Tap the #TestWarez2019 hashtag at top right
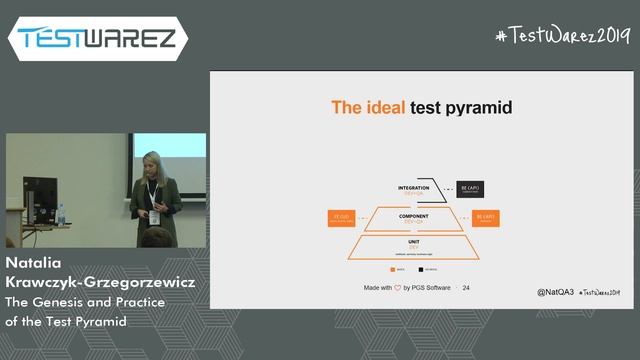(563, 35)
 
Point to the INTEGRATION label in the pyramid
(413, 187)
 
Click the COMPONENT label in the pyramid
(413, 215)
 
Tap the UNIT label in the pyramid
(413, 241)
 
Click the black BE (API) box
(471, 188)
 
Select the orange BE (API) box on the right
(486, 217)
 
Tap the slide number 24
(466, 288)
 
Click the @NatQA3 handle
(554, 292)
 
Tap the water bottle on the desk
(61, 214)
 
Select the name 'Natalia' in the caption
(37, 265)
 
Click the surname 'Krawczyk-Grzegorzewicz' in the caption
(99, 283)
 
